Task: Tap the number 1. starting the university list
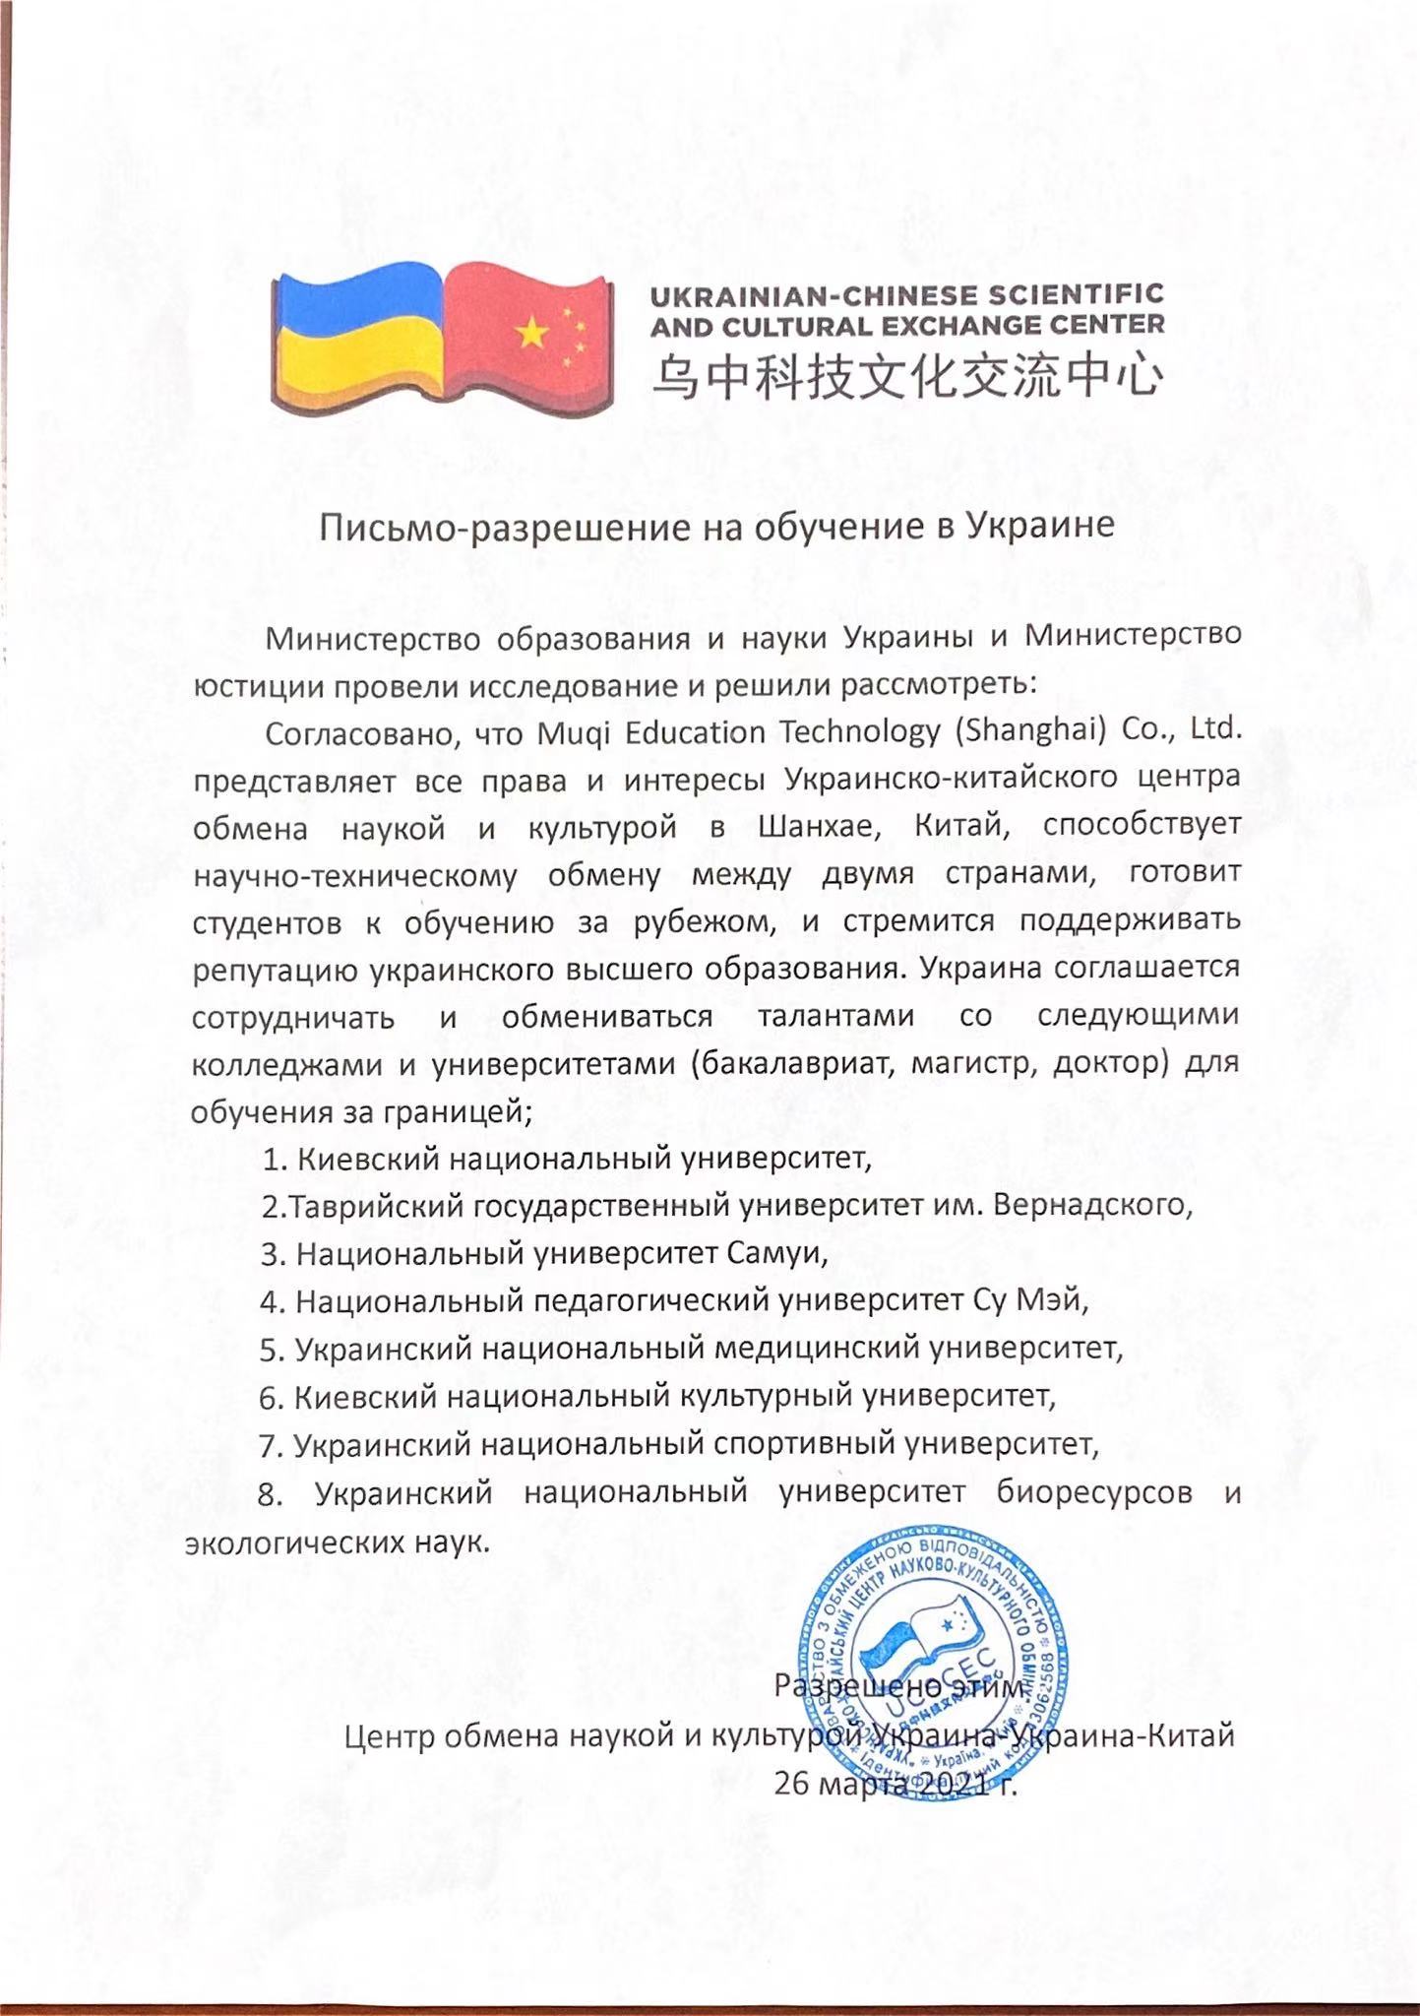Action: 275,1159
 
